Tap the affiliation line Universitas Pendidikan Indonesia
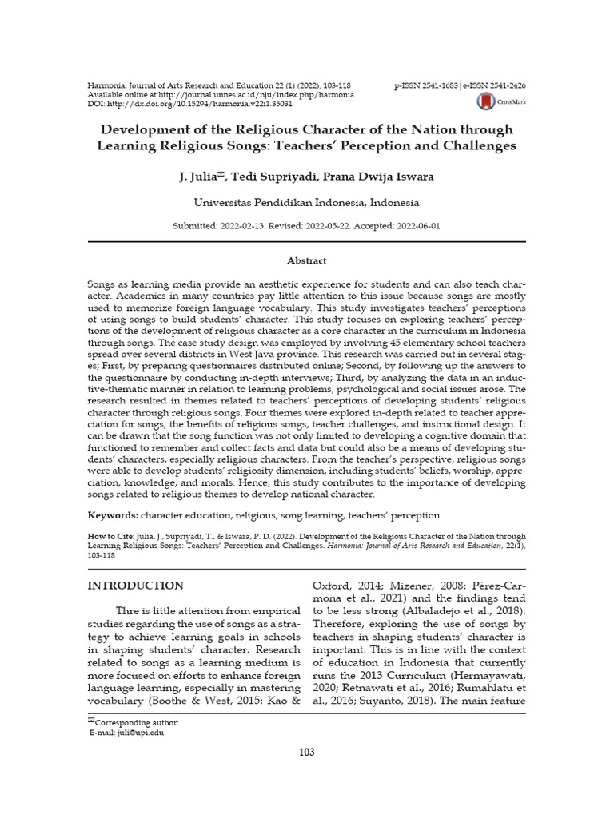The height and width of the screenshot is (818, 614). tap(307, 203)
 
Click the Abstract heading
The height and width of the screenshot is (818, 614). tap(307, 260)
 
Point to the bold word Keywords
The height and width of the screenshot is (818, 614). tap(112, 516)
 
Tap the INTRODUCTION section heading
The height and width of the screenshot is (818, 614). tap(135, 586)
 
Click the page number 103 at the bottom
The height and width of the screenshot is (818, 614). tap(307, 752)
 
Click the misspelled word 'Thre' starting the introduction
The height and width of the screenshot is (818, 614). tap(128, 611)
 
